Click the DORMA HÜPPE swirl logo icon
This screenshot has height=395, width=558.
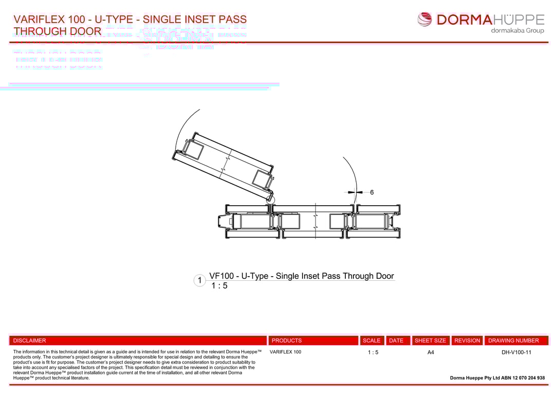[425, 20]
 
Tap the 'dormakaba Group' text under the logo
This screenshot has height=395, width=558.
[517, 31]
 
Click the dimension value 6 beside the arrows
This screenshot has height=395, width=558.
[372, 192]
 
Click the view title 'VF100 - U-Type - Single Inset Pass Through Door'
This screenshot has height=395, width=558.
[301, 276]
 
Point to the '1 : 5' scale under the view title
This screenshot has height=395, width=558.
[219, 286]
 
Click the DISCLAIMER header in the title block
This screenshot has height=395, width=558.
[30, 340]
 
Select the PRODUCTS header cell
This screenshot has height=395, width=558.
[287, 340]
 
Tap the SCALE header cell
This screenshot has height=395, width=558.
[371, 340]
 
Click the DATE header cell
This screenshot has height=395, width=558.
[396, 340]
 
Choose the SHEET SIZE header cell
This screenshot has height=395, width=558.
[431, 340]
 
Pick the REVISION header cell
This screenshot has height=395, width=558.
[467, 340]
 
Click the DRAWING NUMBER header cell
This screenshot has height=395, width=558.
[513, 340]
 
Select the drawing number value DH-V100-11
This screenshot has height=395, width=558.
[516, 352]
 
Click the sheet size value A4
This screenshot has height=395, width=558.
[431, 352]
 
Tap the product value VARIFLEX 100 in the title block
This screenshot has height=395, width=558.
[285, 352]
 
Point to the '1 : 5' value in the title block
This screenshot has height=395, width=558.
[373, 352]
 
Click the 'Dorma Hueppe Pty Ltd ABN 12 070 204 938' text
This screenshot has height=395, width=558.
[497, 378]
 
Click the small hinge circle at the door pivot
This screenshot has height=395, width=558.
[271, 200]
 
